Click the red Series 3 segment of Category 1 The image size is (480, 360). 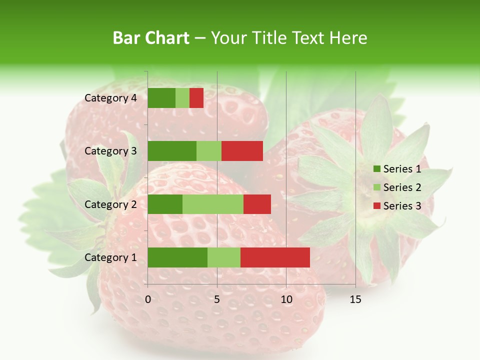[x=275, y=257]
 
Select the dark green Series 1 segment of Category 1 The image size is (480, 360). [x=177, y=257]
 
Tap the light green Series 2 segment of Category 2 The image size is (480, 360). [x=213, y=204]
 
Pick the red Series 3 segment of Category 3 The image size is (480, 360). [x=242, y=151]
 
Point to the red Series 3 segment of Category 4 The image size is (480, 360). [x=196, y=98]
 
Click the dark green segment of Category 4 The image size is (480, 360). [x=161, y=98]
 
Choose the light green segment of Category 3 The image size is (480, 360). [x=209, y=151]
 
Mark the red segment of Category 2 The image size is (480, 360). [x=257, y=204]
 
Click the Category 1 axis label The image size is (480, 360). [x=110, y=257]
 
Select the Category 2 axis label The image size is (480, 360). [x=110, y=204]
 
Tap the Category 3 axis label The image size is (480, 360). [x=110, y=151]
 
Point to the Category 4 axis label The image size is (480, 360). [x=110, y=98]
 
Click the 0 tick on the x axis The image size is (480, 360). [x=148, y=299]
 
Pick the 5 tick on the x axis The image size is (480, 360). [x=217, y=299]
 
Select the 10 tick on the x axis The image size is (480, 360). [x=286, y=299]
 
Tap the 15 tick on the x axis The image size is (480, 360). [x=355, y=299]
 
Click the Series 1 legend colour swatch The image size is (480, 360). [x=376, y=169]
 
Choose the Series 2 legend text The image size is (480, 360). [x=402, y=187]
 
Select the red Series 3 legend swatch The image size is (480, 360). [x=376, y=206]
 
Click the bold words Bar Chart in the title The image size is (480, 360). [x=151, y=38]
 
